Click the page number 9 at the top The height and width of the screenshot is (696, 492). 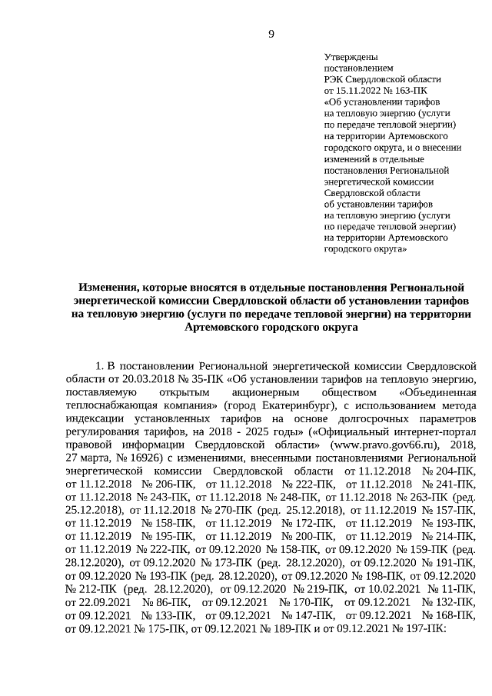tap(271, 32)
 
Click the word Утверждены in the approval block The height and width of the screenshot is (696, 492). tap(350, 58)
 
